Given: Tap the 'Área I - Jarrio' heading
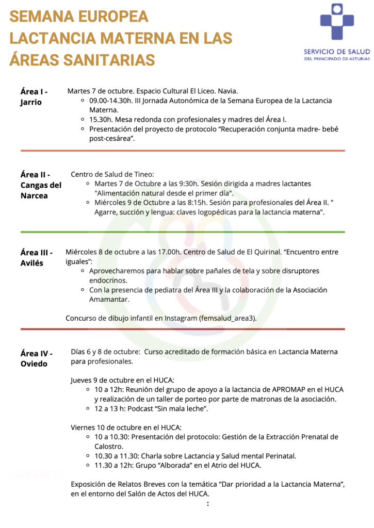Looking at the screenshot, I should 34,96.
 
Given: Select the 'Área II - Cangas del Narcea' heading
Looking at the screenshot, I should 41,185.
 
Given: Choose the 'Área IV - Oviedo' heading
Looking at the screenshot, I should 36,358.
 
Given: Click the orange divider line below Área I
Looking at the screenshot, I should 183,151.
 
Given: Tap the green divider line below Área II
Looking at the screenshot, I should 183,232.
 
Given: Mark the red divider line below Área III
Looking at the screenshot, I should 183,329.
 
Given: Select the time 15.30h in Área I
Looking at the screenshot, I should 101,119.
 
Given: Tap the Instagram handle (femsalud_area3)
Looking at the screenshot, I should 227,318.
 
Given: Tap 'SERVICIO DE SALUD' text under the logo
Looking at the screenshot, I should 337,52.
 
